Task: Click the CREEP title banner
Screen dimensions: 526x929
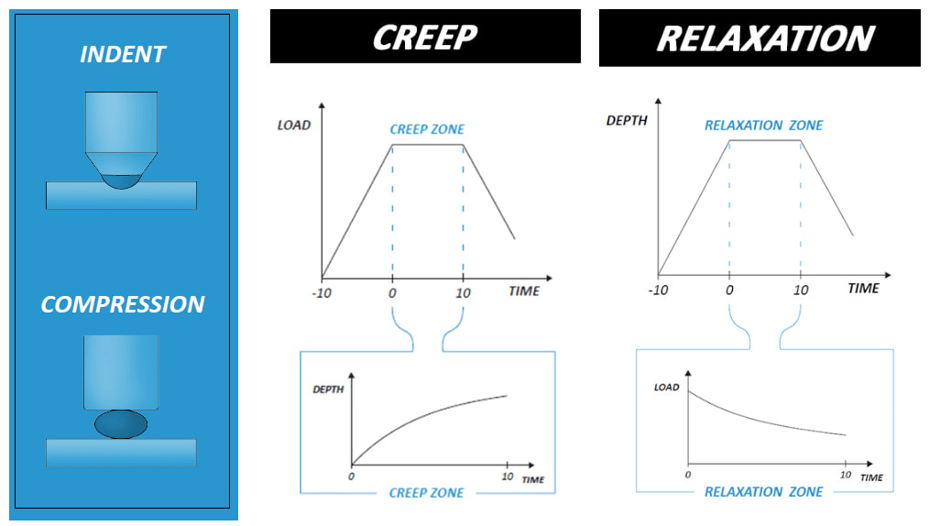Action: (x=425, y=37)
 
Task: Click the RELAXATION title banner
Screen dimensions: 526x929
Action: (x=760, y=38)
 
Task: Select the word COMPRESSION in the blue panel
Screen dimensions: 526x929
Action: (x=122, y=304)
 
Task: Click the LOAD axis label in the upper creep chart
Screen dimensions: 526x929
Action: (x=294, y=126)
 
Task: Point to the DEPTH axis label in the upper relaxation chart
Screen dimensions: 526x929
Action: (x=627, y=120)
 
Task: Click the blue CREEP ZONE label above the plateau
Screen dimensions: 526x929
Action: (x=428, y=130)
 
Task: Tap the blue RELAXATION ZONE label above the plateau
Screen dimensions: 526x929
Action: (x=763, y=126)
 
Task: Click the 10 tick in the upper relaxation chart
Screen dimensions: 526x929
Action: (x=800, y=290)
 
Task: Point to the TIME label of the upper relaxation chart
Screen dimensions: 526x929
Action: (x=862, y=289)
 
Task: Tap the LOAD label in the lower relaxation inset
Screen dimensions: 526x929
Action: (x=666, y=388)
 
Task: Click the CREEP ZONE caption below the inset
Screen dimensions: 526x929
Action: (x=426, y=493)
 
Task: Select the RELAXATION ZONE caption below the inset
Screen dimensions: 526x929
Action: (x=763, y=492)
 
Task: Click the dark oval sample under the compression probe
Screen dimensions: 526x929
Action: (x=121, y=423)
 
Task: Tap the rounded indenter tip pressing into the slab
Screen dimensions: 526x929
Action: (x=121, y=180)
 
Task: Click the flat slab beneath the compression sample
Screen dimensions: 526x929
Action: (x=121, y=452)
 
